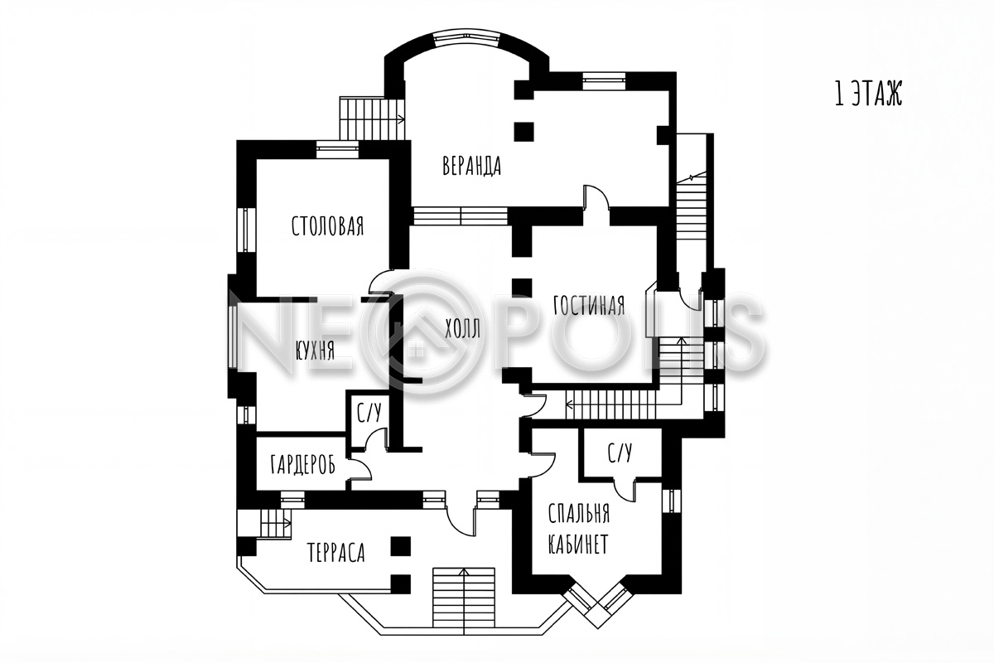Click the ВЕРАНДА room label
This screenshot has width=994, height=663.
[x=471, y=166]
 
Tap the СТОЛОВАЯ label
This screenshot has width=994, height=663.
[x=327, y=225]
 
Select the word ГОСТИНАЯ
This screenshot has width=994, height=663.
[x=589, y=305]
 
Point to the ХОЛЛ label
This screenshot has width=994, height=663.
[x=463, y=329]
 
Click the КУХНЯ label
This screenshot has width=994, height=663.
[x=315, y=351]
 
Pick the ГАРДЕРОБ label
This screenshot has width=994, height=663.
[x=302, y=465]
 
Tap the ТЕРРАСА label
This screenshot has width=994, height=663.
[x=336, y=553]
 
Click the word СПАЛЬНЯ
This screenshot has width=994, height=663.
[x=579, y=514]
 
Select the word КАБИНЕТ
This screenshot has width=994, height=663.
[x=578, y=544]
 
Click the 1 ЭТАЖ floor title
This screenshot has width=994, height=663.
[x=868, y=94]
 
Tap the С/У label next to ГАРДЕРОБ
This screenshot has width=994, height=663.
[x=369, y=413]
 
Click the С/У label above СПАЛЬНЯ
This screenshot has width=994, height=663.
[x=620, y=452]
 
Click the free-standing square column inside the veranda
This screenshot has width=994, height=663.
[x=524, y=132]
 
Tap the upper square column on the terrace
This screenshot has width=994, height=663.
[x=400, y=546]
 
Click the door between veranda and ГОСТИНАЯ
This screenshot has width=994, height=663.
[x=596, y=197]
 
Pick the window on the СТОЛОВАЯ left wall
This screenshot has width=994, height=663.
[x=246, y=230]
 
